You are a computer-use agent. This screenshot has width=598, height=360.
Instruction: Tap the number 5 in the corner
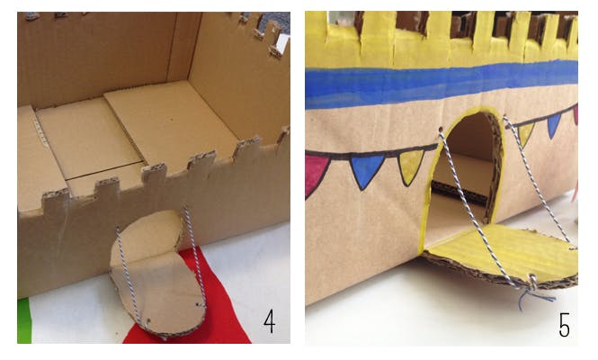pyautogui.click(x=565, y=325)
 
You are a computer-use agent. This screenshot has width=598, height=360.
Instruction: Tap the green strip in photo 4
pyautogui.click(x=24, y=320)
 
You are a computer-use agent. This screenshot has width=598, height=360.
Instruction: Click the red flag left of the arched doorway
pyautogui.click(x=316, y=174)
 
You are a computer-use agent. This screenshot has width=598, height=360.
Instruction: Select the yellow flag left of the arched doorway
pyautogui.click(x=410, y=166)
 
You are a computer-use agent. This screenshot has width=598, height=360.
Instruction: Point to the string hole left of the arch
pyautogui.click(x=441, y=130)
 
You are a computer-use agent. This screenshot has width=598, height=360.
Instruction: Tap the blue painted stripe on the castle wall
pyautogui.click(x=442, y=84)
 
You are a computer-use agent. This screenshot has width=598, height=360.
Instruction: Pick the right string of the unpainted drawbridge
pyautogui.click(x=195, y=256)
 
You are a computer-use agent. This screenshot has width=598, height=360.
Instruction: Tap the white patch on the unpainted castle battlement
pyautogui.click(x=282, y=43)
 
